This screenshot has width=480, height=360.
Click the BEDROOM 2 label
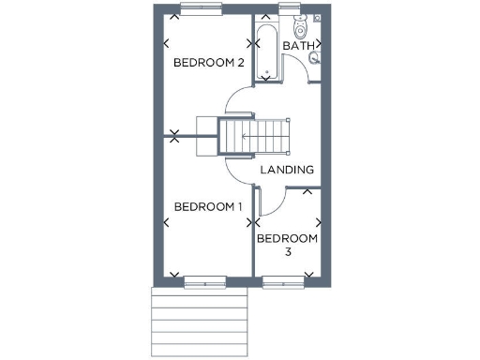209,63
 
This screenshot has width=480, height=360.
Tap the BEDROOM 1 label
208,206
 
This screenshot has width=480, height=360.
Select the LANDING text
287,170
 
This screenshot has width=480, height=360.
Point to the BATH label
297,45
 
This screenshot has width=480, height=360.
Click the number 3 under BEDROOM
288,252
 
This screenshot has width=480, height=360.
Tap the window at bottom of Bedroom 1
204,279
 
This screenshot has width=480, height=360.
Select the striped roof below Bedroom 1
199,322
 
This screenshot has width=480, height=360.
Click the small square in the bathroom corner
319,18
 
